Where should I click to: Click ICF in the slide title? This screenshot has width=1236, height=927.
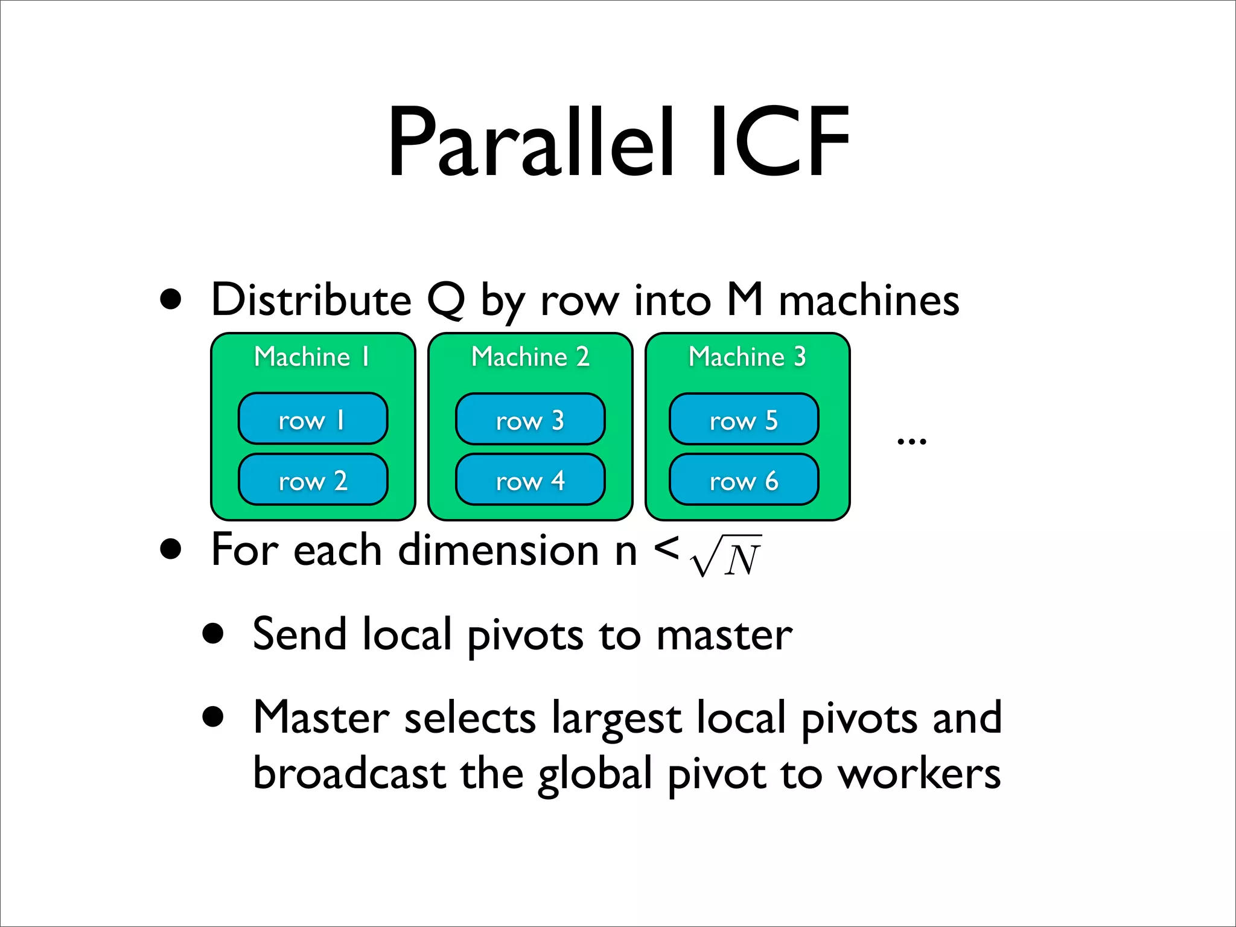click(779, 144)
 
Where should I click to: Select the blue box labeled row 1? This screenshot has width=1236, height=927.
click(313, 419)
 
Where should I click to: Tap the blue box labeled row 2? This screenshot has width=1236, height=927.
click(313, 480)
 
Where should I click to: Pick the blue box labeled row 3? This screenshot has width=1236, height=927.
click(530, 419)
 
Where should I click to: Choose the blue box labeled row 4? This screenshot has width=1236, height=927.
click(530, 480)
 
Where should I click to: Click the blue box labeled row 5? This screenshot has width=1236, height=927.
click(744, 419)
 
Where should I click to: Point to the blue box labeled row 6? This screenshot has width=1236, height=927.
click(744, 480)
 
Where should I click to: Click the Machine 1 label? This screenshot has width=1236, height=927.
click(312, 357)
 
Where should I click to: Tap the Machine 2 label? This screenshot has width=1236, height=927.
click(530, 357)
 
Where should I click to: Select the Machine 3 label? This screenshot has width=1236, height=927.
click(747, 357)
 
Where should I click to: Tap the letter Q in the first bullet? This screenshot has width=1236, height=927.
click(446, 301)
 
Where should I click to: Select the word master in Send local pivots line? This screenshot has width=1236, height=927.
click(724, 636)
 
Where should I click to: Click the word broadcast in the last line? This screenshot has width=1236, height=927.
click(349, 774)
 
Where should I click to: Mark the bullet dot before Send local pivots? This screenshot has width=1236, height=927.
click(213, 635)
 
